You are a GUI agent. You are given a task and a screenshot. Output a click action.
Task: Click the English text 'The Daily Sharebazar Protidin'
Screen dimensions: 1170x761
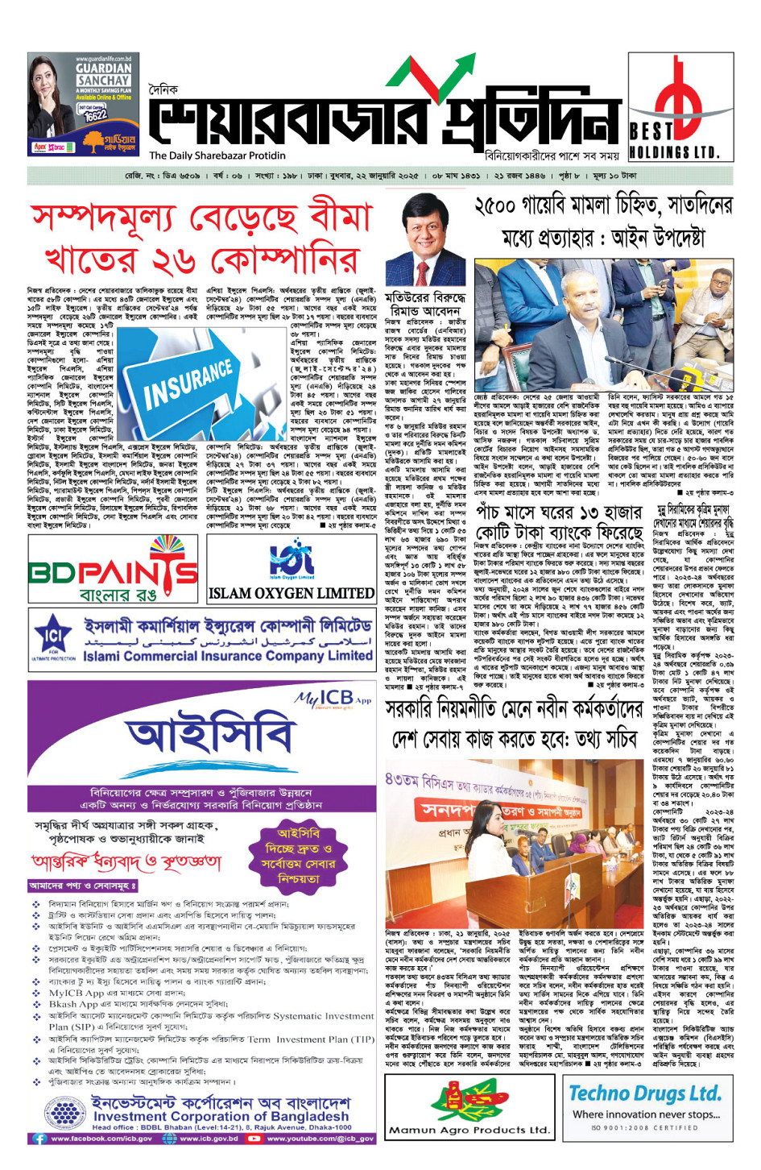[217, 156]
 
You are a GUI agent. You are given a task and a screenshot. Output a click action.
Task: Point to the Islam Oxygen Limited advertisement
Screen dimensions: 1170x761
[291, 570]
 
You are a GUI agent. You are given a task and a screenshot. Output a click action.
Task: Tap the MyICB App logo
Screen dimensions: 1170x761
[333, 698]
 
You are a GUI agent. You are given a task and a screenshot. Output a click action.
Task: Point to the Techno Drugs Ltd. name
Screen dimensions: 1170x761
[644, 1093]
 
